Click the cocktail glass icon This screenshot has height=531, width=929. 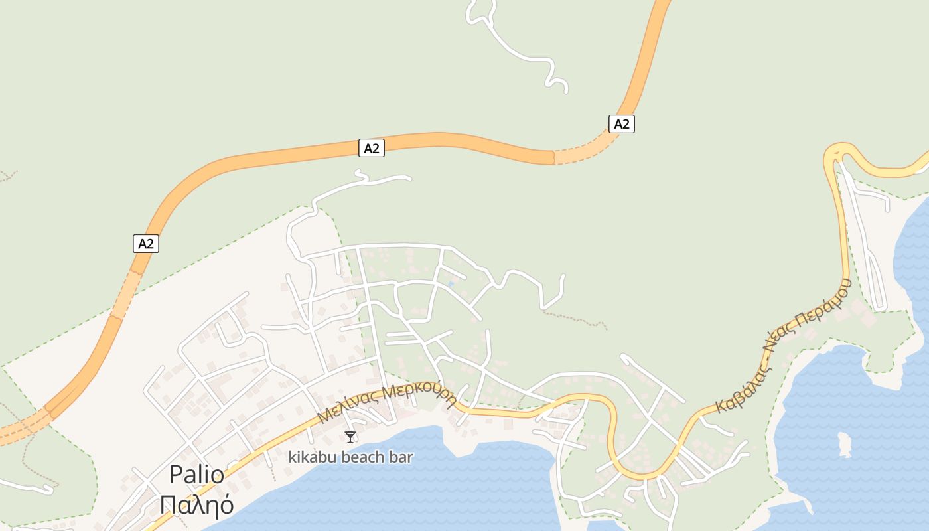[x=350, y=437]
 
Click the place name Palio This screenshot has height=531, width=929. [x=196, y=475]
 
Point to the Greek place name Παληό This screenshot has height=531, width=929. [x=196, y=505]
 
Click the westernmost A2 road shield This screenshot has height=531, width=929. [x=146, y=244]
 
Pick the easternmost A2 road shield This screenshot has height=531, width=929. [x=621, y=123]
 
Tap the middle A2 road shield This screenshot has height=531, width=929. [x=372, y=148]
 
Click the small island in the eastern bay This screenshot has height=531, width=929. [x=845, y=444]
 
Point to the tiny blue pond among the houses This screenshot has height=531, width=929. [x=451, y=284]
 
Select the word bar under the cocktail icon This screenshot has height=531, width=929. [x=402, y=457]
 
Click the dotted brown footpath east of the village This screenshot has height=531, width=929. [x=574, y=317]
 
